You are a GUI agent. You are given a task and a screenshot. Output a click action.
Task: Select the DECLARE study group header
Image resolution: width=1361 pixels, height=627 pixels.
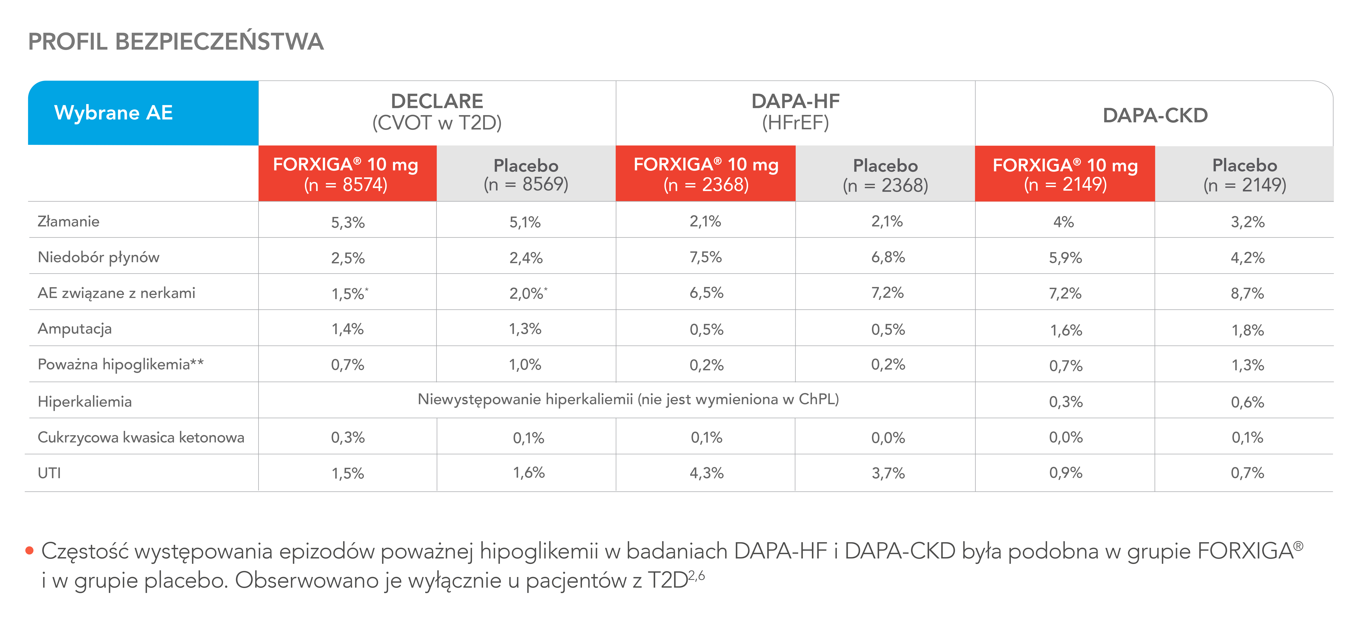click(x=437, y=112)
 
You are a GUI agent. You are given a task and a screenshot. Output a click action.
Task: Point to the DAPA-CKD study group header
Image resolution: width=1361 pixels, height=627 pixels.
click(x=1155, y=115)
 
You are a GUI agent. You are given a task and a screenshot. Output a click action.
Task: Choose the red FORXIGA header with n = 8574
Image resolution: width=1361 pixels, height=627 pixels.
click(x=346, y=174)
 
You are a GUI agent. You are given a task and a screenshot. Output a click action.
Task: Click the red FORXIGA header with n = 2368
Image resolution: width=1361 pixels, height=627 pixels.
click(x=706, y=174)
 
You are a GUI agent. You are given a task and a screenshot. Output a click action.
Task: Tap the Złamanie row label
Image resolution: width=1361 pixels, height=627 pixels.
click(x=69, y=221)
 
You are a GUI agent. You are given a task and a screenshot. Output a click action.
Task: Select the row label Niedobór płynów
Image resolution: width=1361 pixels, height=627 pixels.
click(x=98, y=257)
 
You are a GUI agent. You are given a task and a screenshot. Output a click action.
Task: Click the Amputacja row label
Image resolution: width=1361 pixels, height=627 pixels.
click(x=74, y=329)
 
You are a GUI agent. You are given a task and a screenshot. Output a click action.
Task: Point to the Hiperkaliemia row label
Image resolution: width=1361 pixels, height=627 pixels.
click(x=85, y=402)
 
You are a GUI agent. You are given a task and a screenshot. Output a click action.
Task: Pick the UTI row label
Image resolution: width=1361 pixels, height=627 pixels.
click(x=49, y=473)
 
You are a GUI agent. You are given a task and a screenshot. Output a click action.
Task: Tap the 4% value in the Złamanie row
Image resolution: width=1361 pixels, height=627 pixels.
click(x=1064, y=222)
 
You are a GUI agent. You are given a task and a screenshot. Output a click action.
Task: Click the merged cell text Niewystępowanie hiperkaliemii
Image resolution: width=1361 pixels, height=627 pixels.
click(x=628, y=399)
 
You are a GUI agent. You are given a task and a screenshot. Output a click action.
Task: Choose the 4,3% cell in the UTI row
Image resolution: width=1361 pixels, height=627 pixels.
click(x=706, y=473)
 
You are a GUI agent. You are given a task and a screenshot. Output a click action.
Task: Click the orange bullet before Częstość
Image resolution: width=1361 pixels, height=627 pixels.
click(x=30, y=551)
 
